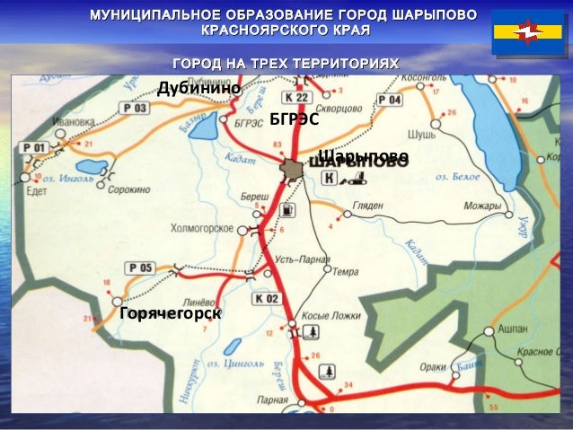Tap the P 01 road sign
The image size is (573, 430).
35,146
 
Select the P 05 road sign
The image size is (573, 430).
140,267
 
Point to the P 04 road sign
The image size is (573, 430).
390,100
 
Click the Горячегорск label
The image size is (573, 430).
170,313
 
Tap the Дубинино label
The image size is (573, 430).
198,88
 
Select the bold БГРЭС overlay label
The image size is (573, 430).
295,119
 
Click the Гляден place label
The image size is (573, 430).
368,206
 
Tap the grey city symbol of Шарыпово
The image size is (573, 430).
290,168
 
